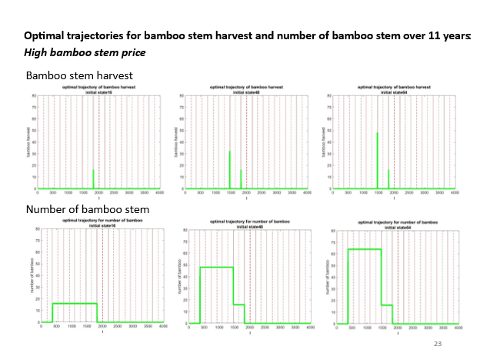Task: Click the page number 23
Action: click(439, 344)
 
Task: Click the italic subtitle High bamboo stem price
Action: click(85, 52)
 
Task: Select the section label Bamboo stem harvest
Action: click(79, 75)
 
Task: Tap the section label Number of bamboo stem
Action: click(88, 209)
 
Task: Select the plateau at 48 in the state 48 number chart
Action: click(216, 267)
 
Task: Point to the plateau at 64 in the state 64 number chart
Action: click(364, 248)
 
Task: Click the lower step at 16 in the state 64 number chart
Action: click(386, 305)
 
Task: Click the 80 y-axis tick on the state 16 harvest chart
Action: click(35, 95)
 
